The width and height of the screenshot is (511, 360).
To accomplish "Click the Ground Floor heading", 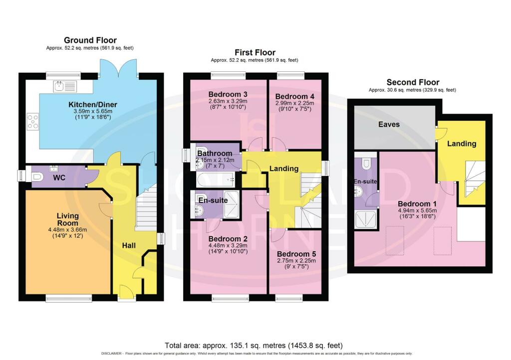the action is pyautogui.click(x=90, y=40).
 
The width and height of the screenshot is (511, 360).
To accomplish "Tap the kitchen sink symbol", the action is pyautogui.click(x=65, y=86).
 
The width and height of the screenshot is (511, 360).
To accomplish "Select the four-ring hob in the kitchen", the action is pyautogui.click(x=32, y=121).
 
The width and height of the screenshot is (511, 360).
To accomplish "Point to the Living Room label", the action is pyautogui.click(x=68, y=219).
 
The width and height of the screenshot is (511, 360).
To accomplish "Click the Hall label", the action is pyautogui.click(x=129, y=245).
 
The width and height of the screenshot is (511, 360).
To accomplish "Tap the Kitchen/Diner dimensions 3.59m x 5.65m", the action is pyautogui.click(x=92, y=111).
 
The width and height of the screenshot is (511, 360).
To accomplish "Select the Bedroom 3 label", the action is pyautogui.click(x=228, y=94).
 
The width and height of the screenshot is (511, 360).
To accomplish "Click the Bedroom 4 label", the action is pyautogui.click(x=294, y=97).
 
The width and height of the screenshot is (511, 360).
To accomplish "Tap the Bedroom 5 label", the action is pyautogui.click(x=296, y=254).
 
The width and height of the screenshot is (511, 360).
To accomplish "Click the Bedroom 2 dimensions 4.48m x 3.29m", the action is pyautogui.click(x=228, y=245).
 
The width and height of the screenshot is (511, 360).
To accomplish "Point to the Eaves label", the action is pyautogui.click(x=389, y=124).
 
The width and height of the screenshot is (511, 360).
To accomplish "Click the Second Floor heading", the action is pyautogui.click(x=413, y=82).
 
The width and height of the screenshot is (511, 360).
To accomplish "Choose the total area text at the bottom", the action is pyautogui.click(x=254, y=346).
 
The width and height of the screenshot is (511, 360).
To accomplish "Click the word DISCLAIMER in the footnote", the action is pyautogui.click(x=111, y=354).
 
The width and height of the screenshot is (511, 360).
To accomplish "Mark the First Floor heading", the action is pyautogui.click(x=255, y=52).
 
